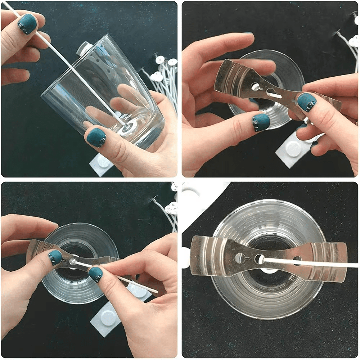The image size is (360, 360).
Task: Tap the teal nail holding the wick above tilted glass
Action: click(27, 24)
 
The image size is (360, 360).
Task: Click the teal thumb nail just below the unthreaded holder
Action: click(261, 122)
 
